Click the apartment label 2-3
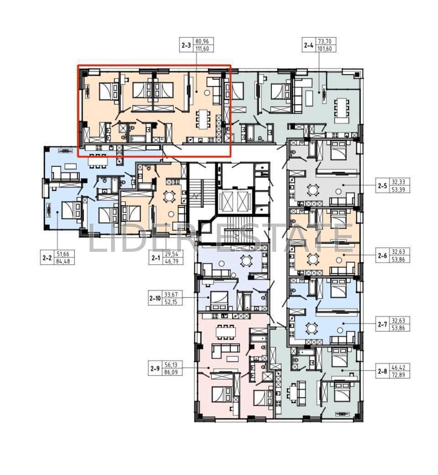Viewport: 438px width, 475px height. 186,45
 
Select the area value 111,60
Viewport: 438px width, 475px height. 202,49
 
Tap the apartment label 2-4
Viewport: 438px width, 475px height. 309,45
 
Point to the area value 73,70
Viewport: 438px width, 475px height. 325,41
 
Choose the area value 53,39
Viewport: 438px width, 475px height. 398,190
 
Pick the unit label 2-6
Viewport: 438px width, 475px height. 382,256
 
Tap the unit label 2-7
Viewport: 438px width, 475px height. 382,324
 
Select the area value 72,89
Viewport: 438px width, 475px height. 398,375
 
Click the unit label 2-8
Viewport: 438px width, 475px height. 382,371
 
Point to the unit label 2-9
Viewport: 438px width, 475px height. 155,369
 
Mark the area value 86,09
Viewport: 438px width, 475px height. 171,372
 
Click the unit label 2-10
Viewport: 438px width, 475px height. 155,298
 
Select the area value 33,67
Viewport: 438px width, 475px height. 171,294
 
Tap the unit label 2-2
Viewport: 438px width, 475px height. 47,258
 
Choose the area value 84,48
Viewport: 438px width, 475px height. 63,261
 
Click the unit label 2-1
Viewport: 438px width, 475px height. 156,258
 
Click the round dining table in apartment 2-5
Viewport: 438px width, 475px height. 312,190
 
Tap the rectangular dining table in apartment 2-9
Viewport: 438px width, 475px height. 225,332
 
